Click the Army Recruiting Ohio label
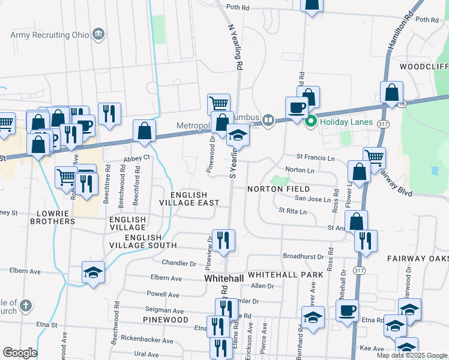point(49,34)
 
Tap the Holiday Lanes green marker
point(311,122)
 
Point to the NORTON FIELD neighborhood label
point(279,189)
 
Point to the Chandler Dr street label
point(179,263)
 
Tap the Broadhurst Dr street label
point(303,256)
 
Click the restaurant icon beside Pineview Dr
point(223,241)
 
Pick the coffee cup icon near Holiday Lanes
point(297,108)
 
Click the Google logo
point(20,353)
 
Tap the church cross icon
point(25,306)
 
